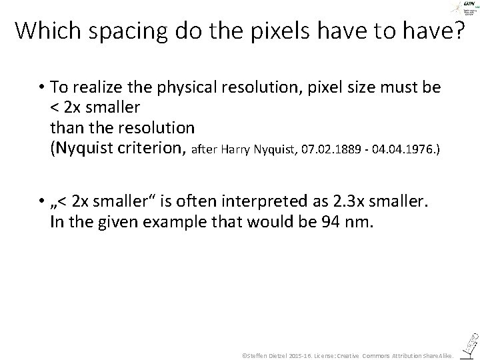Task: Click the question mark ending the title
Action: (x=457, y=31)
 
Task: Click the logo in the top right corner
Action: (x=463, y=9)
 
